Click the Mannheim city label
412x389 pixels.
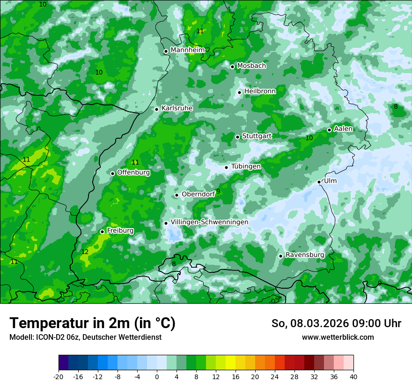point(187,50)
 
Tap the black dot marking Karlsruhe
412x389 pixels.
point(157,109)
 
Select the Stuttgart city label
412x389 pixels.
point(257,136)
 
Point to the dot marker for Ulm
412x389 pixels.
point(319,182)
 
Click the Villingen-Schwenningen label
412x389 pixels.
point(209,222)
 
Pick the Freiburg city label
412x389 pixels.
point(120,231)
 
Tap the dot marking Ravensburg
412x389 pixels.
point(280,256)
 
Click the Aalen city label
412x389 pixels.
point(343,129)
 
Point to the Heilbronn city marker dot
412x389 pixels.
point(239,92)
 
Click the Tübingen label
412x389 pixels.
point(246,166)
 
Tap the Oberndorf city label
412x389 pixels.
point(198,194)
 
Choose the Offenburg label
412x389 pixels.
point(133,172)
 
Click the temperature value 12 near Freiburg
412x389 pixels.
point(85,252)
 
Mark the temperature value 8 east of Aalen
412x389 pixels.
point(396,107)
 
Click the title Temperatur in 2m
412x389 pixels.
point(92,323)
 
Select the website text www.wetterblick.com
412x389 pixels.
point(338,337)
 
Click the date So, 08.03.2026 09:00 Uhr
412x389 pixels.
point(336,323)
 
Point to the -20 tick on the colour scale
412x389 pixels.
point(59,376)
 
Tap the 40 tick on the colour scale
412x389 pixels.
point(353,376)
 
